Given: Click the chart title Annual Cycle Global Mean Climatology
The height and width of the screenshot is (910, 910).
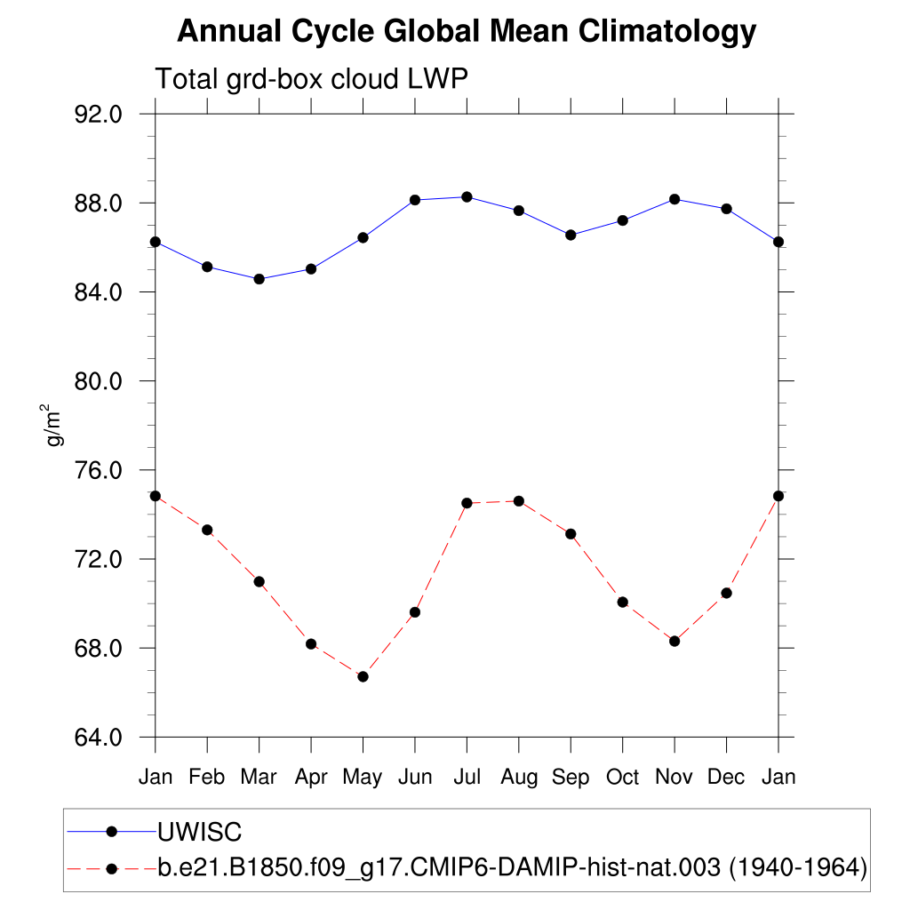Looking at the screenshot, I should [467, 32].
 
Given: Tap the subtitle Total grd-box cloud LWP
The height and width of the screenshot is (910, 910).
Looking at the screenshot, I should [311, 79].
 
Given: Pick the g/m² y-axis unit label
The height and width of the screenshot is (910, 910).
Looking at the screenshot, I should [54, 426].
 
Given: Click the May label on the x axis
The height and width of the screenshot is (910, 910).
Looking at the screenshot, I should [363, 778].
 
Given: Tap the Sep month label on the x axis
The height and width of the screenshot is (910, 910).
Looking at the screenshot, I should [571, 778].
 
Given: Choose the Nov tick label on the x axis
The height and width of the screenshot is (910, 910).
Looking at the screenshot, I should [675, 778].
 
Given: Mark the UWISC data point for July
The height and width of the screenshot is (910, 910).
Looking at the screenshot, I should [467, 196].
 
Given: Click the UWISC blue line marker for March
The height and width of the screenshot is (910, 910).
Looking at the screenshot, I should [259, 279].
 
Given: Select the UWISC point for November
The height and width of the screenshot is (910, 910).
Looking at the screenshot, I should [675, 199].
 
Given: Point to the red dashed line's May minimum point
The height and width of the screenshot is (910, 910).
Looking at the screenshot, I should [363, 676].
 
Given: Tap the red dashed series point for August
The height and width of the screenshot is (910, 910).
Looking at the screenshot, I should [519, 501].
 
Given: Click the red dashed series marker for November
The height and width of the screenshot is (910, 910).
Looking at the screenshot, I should [675, 641].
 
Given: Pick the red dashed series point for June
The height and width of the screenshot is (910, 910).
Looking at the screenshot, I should [415, 612].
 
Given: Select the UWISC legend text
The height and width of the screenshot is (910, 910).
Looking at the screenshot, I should [200, 832].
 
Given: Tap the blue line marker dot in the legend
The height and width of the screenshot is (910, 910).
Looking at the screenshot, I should [112, 832].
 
